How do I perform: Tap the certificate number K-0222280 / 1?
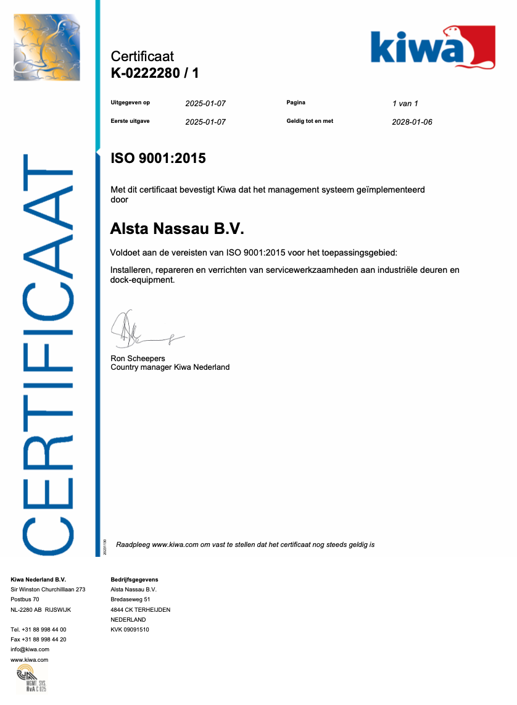(x=154, y=73)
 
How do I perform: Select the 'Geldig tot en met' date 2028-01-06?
(x=412, y=122)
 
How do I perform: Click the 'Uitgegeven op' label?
(x=130, y=103)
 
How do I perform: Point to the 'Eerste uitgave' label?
(x=130, y=122)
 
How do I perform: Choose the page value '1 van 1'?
(x=405, y=104)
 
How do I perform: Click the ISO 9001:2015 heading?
(x=158, y=159)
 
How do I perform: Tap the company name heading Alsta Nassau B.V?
(x=177, y=230)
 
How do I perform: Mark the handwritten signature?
(x=145, y=330)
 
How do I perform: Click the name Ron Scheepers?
(x=138, y=359)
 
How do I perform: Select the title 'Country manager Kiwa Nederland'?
(x=170, y=367)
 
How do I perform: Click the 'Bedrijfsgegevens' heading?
(x=134, y=580)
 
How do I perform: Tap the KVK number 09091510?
(x=130, y=630)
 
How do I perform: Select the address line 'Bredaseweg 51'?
(x=130, y=599)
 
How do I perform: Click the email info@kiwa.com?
(x=30, y=649)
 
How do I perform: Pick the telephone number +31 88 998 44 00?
(x=38, y=630)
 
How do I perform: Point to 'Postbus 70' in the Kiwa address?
(x=25, y=599)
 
